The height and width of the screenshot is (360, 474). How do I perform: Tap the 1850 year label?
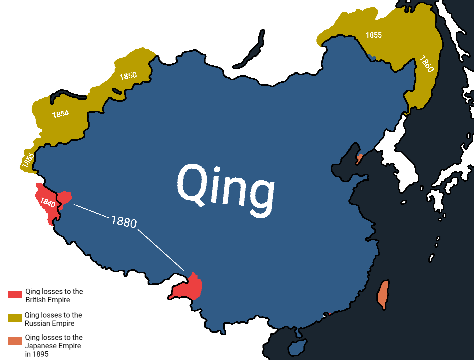coord(128,76)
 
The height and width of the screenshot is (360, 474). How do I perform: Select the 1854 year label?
coord(60,114)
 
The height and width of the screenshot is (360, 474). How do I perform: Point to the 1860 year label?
coord(426,64)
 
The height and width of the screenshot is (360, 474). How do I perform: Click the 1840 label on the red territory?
coord(48,202)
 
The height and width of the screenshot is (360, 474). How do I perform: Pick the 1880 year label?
coord(124,222)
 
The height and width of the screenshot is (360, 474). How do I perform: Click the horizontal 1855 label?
coord(373,35)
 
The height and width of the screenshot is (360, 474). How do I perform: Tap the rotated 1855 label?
coord(28,160)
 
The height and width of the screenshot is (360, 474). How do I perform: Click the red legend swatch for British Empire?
coord(15,294)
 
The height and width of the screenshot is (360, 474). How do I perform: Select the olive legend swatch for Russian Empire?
coord(15,318)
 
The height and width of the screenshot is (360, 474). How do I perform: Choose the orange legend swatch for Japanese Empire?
coord(15,341)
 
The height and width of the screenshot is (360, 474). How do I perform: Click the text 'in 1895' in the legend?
coord(37,354)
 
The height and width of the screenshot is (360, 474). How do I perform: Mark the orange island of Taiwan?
coord(383,295)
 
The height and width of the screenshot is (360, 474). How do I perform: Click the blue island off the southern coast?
coord(297,347)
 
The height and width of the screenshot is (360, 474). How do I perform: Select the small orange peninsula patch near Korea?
coord(359,158)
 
